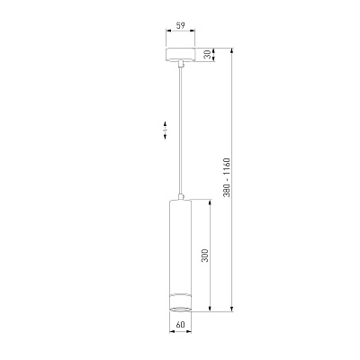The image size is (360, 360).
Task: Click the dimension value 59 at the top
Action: click(180, 25)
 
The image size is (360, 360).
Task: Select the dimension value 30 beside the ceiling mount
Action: click(207, 55)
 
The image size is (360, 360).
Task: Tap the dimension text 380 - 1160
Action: click(227, 177)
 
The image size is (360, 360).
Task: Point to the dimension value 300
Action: click(205, 255)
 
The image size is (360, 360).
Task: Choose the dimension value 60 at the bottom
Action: click(180, 325)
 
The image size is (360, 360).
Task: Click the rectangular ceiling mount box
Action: click(180, 55)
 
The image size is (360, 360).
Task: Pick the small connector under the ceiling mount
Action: click(181, 64)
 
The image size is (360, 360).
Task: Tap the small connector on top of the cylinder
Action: click(181, 197)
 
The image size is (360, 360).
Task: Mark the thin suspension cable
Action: click(181, 130)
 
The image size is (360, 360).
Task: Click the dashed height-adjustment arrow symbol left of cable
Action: click(165, 130)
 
